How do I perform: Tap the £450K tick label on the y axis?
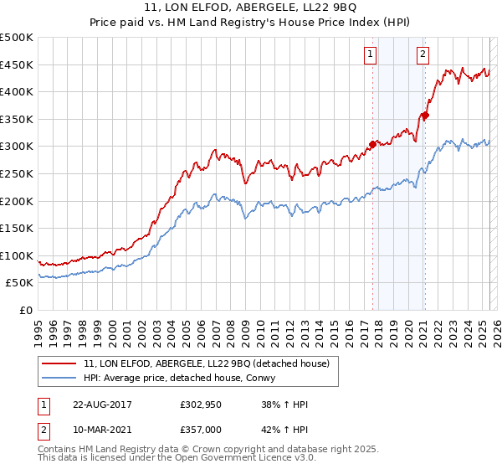pyautogui.click(x=17, y=65)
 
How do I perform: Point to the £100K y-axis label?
pyautogui.click(x=17, y=255)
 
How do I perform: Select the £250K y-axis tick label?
pyautogui.click(x=17, y=173)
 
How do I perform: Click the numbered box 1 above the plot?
pyautogui.click(x=370, y=55)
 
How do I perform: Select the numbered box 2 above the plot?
pyautogui.click(x=423, y=55)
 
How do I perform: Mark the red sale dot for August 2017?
pyautogui.click(x=373, y=142)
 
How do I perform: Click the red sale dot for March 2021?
pyautogui.click(x=425, y=116)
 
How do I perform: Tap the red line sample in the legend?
pyautogui.click(x=59, y=363)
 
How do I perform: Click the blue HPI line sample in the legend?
pyautogui.click(x=59, y=378)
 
